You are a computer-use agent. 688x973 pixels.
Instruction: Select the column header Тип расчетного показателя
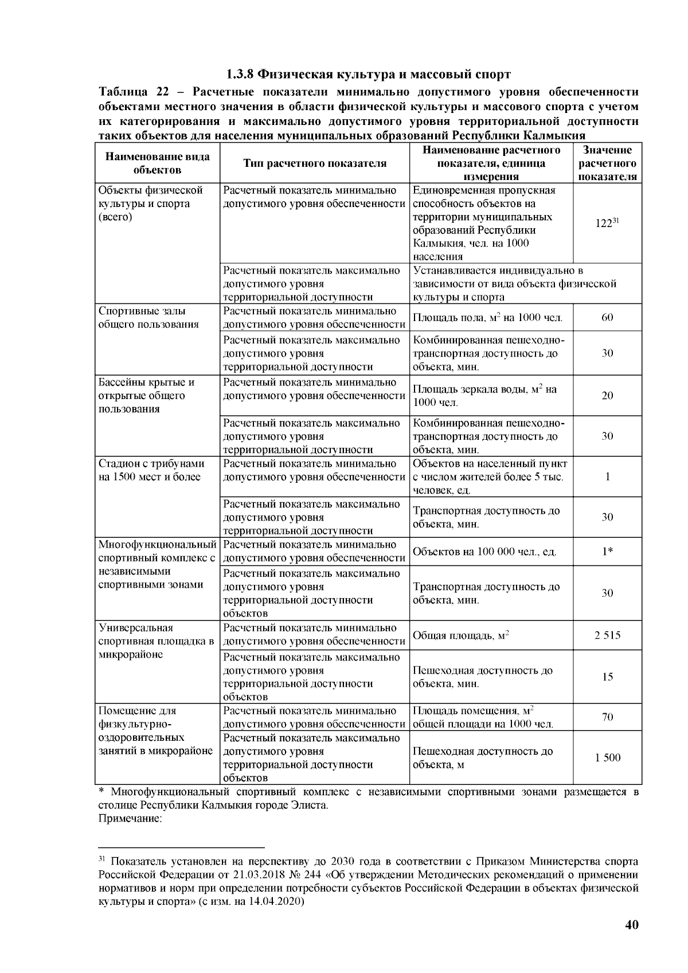point(315,163)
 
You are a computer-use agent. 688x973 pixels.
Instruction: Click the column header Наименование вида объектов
point(157,163)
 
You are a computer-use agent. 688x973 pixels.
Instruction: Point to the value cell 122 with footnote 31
point(607,224)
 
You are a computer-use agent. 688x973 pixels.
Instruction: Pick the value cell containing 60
point(607,318)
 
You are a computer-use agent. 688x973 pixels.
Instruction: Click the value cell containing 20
point(607,396)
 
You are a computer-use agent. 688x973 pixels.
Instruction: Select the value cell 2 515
point(607,635)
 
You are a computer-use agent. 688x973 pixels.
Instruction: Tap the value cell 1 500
point(607,758)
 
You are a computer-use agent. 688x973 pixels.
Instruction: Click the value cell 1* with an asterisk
point(607,552)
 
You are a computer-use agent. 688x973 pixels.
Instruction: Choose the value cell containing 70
point(607,717)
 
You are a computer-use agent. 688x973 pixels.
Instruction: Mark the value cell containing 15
point(607,677)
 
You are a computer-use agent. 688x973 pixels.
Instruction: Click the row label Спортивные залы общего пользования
point(148,318)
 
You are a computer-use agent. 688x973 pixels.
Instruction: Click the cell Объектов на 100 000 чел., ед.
point(484,552)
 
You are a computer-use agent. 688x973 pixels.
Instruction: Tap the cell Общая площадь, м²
point(461,636)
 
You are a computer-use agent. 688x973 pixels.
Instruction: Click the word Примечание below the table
point(131,819)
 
